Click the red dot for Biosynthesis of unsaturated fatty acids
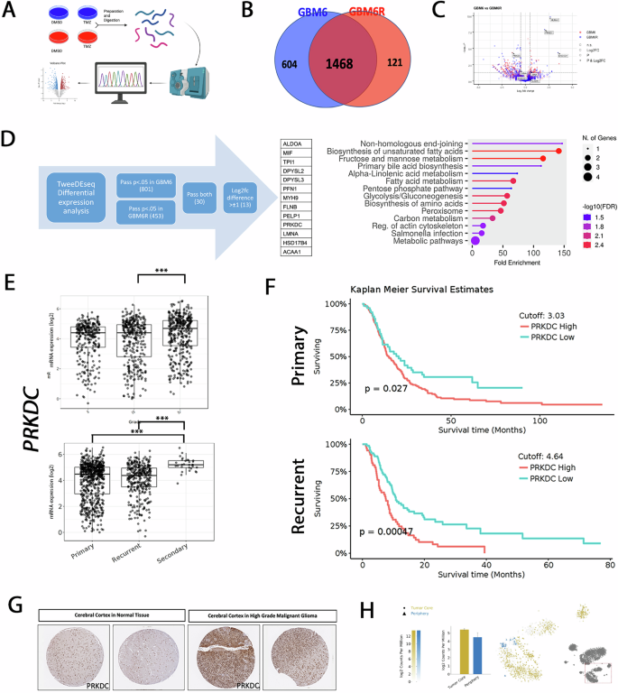coord(559,151)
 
